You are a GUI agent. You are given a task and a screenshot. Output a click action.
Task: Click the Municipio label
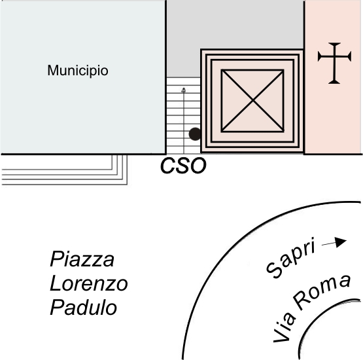click(x=78, y=71)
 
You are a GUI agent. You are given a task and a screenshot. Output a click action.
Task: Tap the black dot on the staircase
click(x=195, y=134)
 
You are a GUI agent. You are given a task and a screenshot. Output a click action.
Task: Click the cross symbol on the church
click(x=334, y=63)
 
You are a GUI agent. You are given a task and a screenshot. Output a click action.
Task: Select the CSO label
click(x=183, y=166)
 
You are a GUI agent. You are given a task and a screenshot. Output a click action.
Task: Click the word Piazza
click(x=82, y=259)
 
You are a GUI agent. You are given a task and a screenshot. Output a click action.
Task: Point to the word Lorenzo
click(x=89, y=283)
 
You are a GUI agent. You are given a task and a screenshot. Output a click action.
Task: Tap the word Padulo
click(x=83, y=308)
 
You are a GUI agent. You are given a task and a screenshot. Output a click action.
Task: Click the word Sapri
click(x=291, y=258)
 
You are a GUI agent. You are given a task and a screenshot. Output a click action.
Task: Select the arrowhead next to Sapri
click(x=341, y=242)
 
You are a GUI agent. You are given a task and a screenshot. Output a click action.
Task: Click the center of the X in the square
click(x=253, y=101)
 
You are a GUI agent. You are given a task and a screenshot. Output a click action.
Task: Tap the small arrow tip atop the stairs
click(x=184, y=90)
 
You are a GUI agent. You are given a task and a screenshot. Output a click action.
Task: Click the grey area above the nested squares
click(x=235, y=24)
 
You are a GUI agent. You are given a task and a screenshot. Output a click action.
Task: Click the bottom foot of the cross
click(x=334, y=82)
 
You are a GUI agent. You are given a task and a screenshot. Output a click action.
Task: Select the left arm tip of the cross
click(x=319, y=56)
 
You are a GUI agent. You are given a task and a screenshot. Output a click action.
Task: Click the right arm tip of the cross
click(x=350, y=56)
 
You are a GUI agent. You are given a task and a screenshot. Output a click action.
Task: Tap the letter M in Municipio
click(x=52, y=70)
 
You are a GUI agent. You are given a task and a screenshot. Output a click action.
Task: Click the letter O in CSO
click(x=198, y=166)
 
